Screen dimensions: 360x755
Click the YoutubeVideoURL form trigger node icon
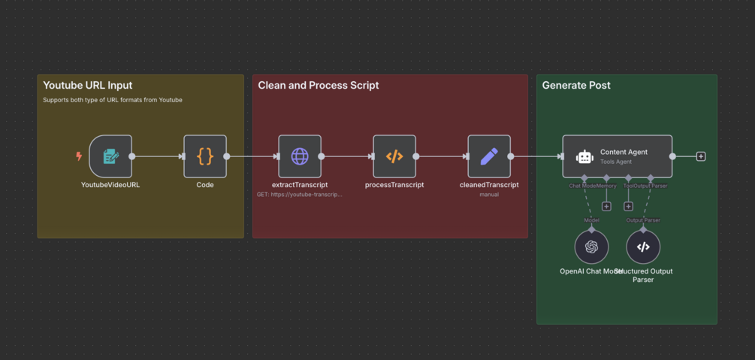coord(110,156)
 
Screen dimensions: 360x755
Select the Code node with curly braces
coord(205,156)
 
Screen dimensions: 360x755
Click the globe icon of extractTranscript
coord(300,156)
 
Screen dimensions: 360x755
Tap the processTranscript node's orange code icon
coord(394,156)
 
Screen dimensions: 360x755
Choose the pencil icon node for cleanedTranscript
coord(489,156)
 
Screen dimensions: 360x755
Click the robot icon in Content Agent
coord(584,156)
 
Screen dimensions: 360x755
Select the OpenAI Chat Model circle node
coord(592,247)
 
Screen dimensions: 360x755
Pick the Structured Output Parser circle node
coord(643,247)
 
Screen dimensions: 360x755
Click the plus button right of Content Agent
coord(701,156)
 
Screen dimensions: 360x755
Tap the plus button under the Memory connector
coord(606,207)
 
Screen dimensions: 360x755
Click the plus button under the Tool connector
coord(629,207)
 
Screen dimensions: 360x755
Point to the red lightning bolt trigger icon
coord(79,156)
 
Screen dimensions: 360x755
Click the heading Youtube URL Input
coord(88,86)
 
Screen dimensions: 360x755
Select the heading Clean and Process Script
coord(319,86)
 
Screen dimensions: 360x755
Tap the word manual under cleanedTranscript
coord(489,195)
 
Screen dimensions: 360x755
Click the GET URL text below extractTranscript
coord(300,195)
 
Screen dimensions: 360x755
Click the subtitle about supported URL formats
coord(113,100)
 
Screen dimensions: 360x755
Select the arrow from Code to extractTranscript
coord(252,156)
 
